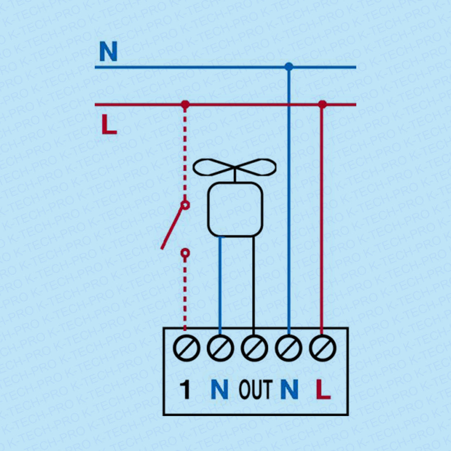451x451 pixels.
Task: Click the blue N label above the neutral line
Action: coord(108,52)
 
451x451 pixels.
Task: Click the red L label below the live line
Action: coord(109,125)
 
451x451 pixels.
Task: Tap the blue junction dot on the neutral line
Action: coord(289,66)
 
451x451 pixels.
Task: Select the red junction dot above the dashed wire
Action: coord(185,105)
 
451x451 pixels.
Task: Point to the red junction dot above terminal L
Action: coord(322,105)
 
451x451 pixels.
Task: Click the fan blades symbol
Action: coord(235,168)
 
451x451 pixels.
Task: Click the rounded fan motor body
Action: coord(235,210)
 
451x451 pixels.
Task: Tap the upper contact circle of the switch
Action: coord(185,204)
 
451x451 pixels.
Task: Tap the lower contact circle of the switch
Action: coord(185,253)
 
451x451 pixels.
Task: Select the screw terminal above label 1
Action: coord(186,348)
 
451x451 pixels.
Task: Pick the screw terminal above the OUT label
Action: coord(253,348)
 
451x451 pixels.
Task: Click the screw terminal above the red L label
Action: coord(322,348)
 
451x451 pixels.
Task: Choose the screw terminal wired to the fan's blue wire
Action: coord(220,348)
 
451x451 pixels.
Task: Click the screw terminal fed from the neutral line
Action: coord(288,348)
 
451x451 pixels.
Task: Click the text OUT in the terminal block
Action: coord(255,389)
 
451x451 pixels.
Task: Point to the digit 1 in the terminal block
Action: coord(186,389)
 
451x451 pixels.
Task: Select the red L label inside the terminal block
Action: coord(323,389)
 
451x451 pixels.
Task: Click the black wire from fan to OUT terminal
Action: coord(253,284)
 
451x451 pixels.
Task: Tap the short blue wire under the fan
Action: coord(220,284)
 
